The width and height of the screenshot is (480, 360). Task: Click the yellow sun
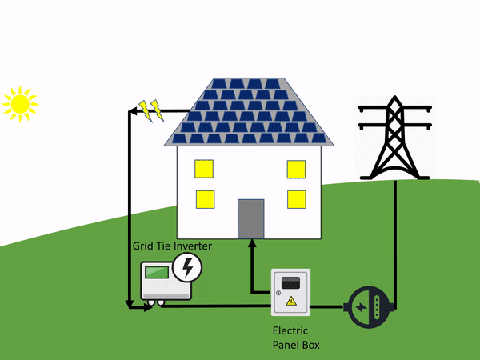click(x=19, y=103)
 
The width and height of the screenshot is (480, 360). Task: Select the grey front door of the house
click(x=250, y=218)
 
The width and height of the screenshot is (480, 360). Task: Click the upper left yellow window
click(x=204, y=170)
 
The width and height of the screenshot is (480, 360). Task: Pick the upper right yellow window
click(x=296, y=170)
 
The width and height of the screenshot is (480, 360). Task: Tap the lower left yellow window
click(x=204, y=199)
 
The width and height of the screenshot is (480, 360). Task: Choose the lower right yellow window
click(x=296, y=199)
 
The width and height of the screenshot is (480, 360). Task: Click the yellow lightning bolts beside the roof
click(x=150, y=110)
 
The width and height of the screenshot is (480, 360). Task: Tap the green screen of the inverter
click(x=157, y=272)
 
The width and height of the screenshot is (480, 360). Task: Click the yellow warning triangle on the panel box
click(x=290, y=301)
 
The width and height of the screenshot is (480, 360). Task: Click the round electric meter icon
click(x=369, y=306)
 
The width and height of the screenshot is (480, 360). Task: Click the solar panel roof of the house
click(x=249, y=112)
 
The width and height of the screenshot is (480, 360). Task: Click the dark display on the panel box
click(x=290, y=282)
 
